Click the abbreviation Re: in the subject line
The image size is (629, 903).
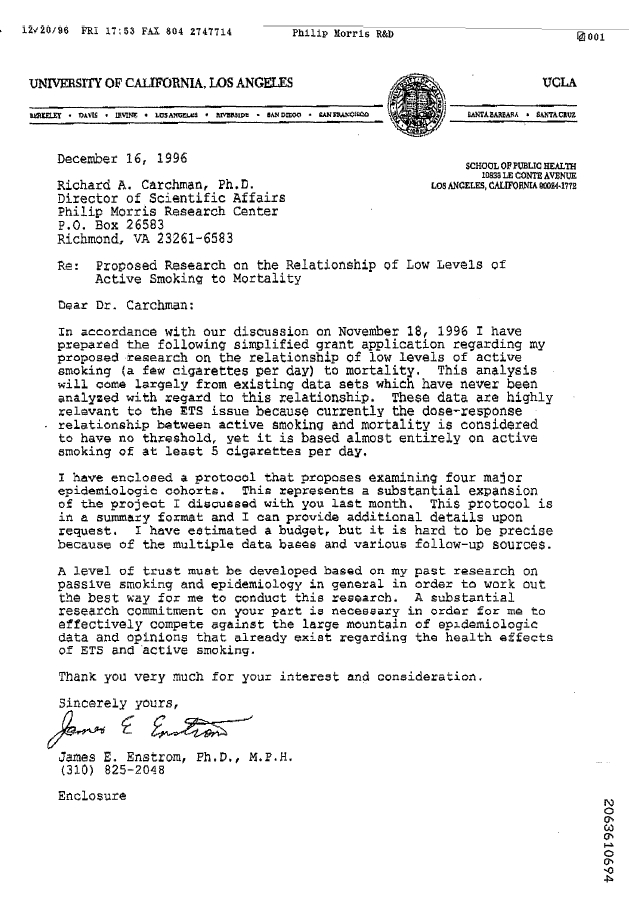(x=69, y=265)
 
